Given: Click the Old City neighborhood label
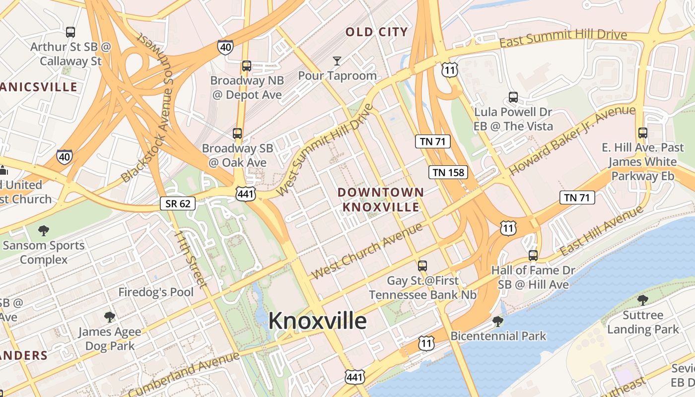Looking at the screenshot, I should click(376, 32).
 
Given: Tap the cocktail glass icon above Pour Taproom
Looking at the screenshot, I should click(337, 61).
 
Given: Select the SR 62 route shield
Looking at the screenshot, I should click(177, 203).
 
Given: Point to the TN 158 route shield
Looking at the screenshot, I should click(448, 172).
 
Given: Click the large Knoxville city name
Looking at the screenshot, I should click(317, 321).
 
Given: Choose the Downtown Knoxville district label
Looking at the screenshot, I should click(381, 199).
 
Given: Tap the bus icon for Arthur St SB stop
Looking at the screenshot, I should click(70, 32).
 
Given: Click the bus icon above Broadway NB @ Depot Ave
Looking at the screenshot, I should click(246, 66).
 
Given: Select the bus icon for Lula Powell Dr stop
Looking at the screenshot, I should click(513, 97).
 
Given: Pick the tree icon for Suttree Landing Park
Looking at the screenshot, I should click(643, 300).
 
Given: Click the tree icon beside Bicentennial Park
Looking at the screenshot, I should click(498, 322).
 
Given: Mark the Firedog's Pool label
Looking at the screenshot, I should click(155, 292).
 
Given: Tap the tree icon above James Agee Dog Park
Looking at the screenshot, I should click(110, 317).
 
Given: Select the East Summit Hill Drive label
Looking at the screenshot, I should click(563, 38).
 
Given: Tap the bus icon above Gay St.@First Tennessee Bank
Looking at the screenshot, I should click(422, 265).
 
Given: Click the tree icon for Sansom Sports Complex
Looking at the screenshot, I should click(44, 230).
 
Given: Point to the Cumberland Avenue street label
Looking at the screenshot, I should click(184, 373).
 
